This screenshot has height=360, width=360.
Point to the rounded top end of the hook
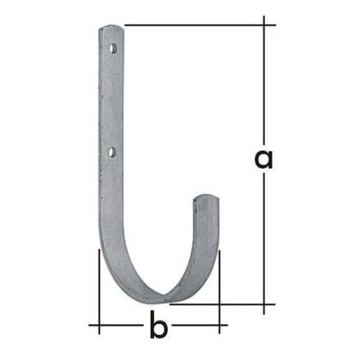coord(112,30)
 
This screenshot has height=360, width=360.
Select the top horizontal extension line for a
coord(196,25)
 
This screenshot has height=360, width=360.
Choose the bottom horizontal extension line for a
coord(237,303)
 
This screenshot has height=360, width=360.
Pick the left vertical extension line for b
coord(99,286)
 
